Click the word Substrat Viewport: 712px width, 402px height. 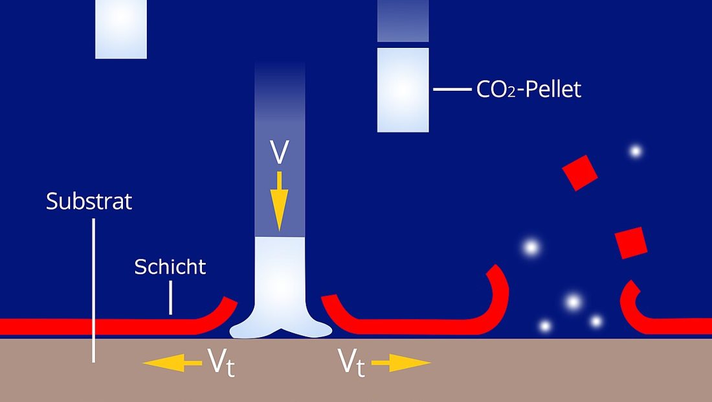pos(89,201)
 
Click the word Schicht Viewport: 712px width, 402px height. pos(170,266)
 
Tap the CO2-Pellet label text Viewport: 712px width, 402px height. pos(529,89)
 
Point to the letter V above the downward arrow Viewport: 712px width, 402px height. pos(279,152)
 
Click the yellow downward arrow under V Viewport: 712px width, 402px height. pos(279,201)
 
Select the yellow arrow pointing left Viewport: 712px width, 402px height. pos(172,363)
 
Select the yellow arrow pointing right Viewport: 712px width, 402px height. pos(401,363)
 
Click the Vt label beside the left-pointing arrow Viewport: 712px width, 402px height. pos(221,362)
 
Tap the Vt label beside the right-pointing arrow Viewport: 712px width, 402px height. pos(351,362)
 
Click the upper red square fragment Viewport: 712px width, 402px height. pos(579,173)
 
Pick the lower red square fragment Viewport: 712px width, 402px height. pos(631,243)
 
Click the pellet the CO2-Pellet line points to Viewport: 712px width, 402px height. pos(403,90)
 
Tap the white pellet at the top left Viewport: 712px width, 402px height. pos(121,29)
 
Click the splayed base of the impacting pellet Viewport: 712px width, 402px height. pos(281,328)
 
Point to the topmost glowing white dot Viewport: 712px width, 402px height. pos(635,151)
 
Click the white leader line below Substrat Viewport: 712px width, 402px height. pos(94,290)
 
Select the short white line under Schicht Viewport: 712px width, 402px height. pos(171,298)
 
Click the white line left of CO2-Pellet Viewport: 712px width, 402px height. pos(452,89)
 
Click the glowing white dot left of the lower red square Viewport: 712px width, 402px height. pos(530,248)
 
